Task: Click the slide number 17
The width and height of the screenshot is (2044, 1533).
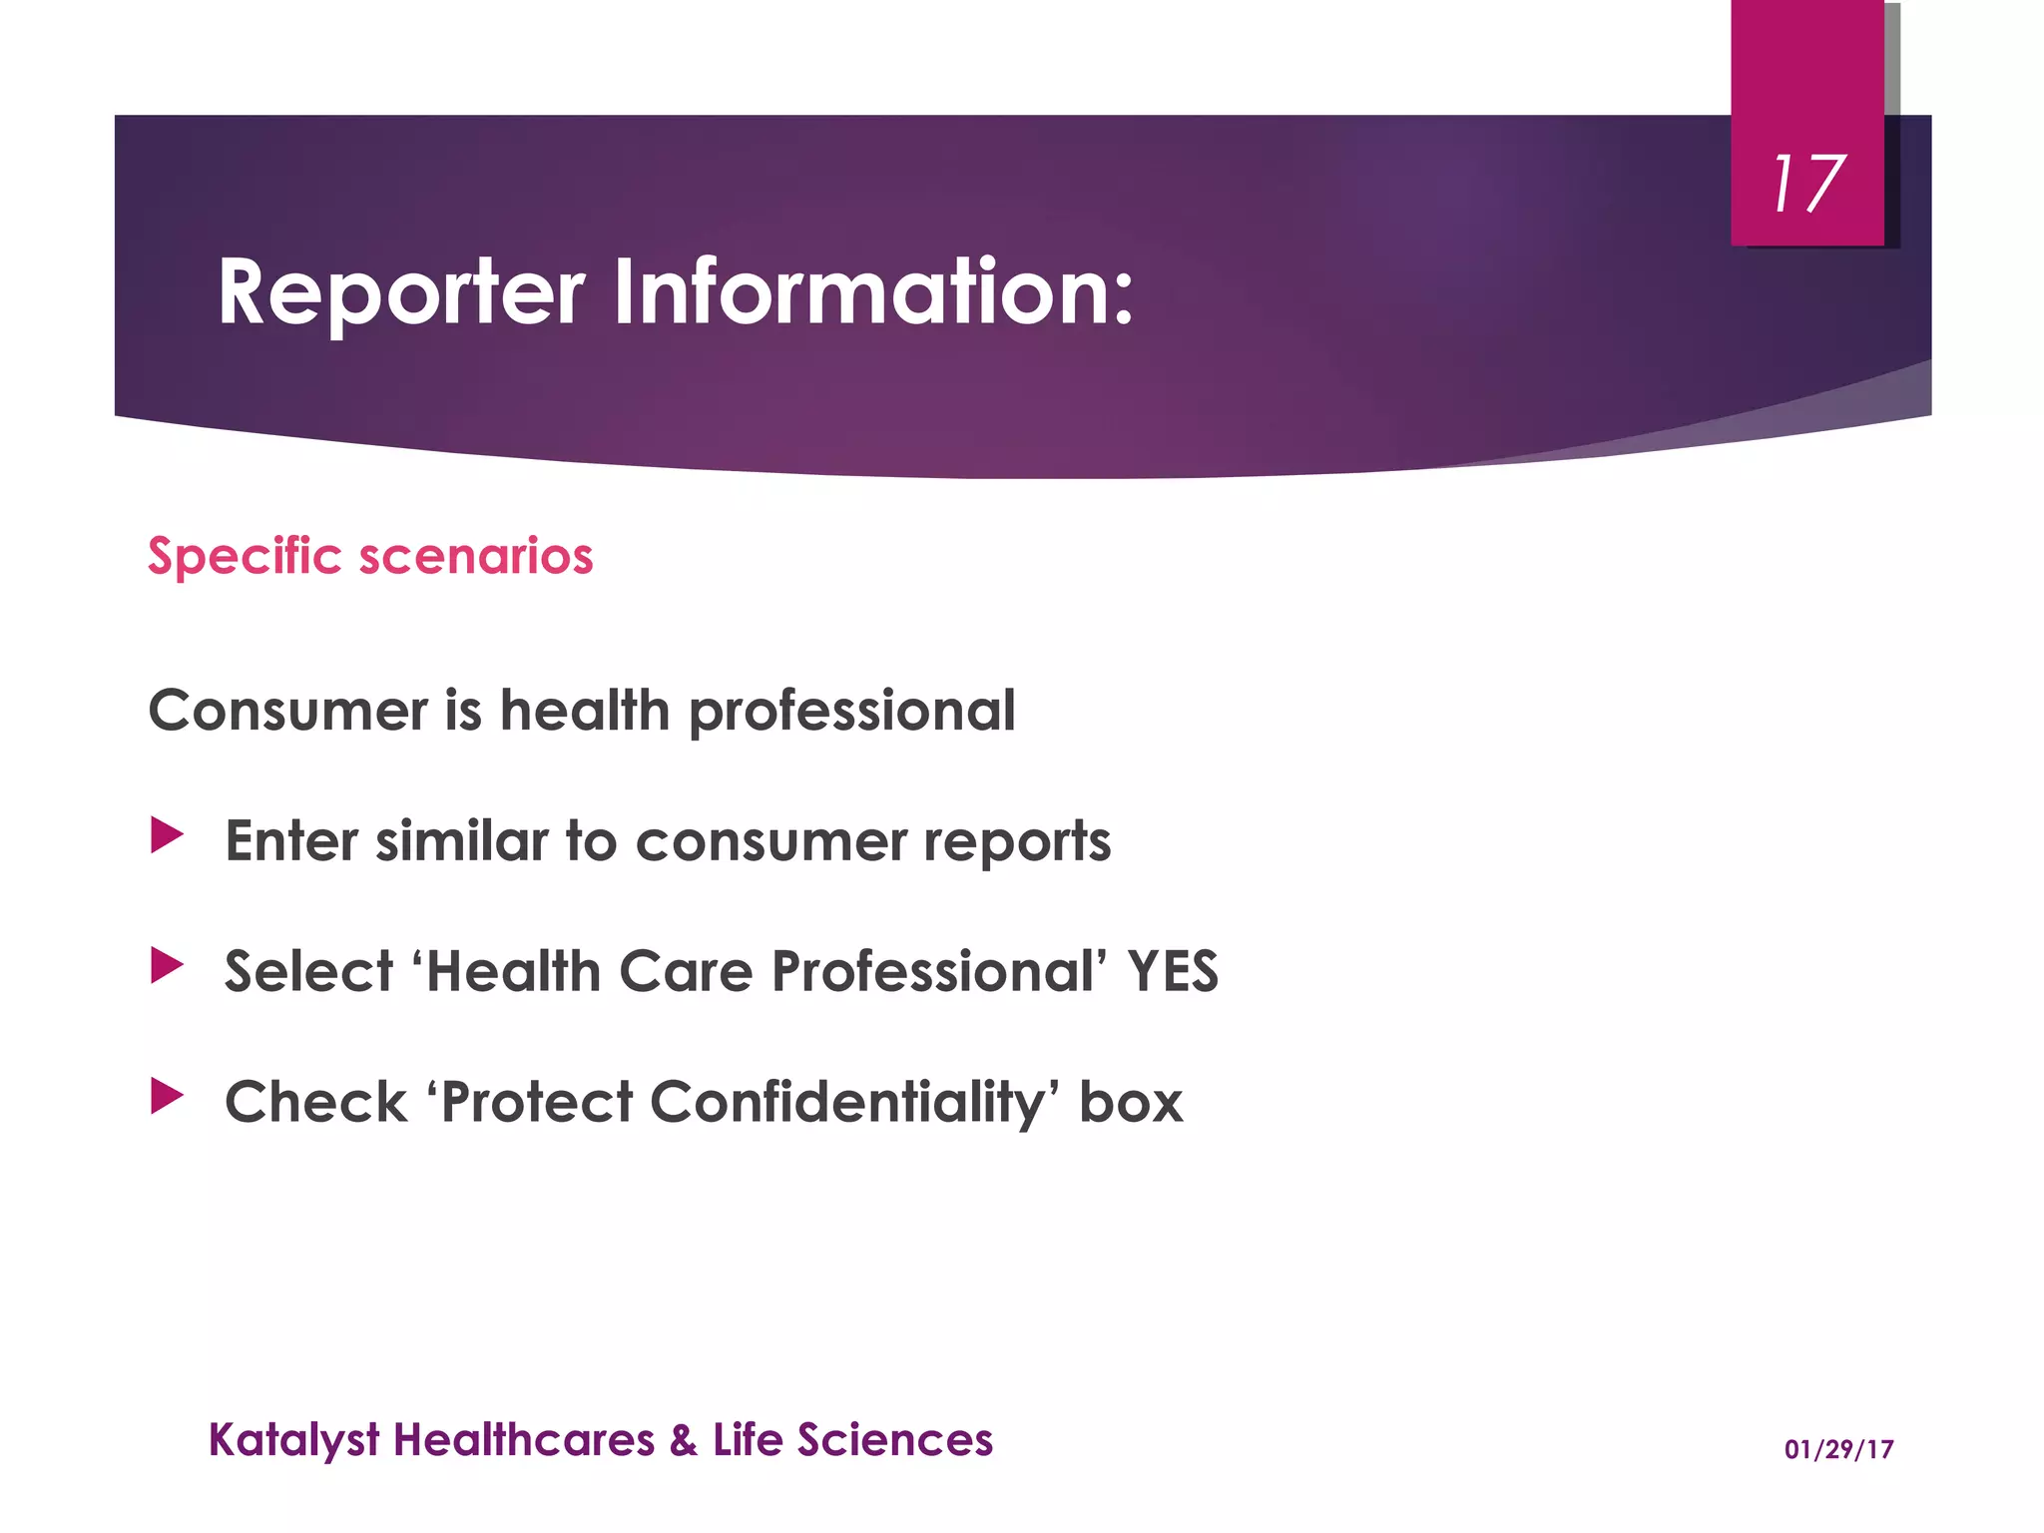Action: click(x=1807, y=185)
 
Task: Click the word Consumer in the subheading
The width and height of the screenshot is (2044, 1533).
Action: click(x=288, y=711)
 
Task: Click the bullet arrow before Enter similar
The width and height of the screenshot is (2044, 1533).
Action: click(x=167, y=835)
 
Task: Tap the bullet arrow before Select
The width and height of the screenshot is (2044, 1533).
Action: click(x=167, y=965)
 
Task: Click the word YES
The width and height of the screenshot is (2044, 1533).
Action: click(x=1173, y=971)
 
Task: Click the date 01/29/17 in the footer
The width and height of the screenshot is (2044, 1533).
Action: click(x=1838, y=1449)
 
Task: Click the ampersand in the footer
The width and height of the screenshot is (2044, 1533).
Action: click(x=684, y=1440)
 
